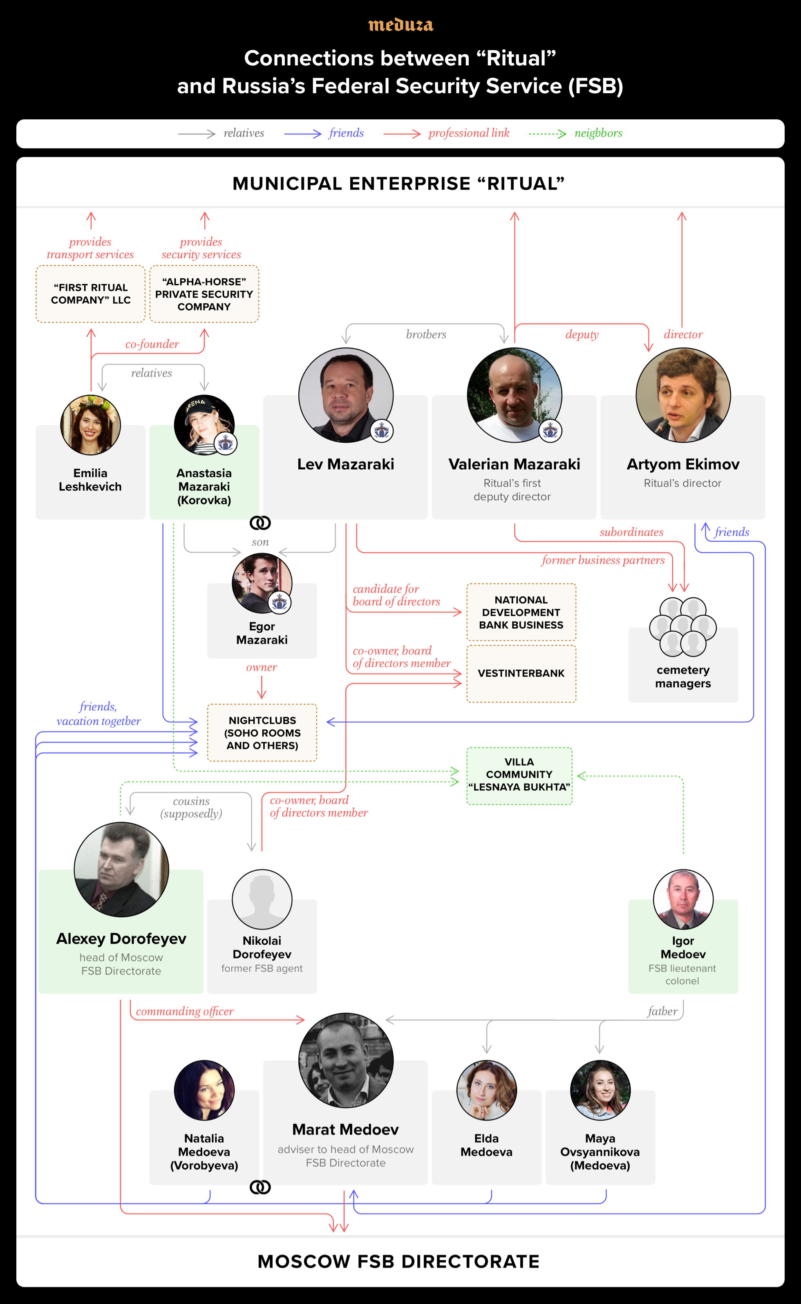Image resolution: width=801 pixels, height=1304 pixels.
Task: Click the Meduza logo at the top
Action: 400,25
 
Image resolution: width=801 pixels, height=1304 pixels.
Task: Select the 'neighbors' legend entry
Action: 598,133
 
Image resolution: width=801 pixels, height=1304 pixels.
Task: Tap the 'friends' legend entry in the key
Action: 346,133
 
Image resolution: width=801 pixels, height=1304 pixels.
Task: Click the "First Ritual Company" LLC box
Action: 91,294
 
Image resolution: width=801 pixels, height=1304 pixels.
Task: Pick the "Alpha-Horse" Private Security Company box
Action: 204,294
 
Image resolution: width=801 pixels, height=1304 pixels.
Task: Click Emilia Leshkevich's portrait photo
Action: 91,425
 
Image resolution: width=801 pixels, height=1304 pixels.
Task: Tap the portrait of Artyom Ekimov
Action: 683,395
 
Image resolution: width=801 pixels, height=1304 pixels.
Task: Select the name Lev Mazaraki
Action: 345,464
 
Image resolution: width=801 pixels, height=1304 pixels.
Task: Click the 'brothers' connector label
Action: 426,334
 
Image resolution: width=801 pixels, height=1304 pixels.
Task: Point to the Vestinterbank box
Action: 521,673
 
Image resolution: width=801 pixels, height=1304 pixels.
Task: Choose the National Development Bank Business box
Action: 521,612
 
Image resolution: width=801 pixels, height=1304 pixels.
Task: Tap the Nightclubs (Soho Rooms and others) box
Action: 262,733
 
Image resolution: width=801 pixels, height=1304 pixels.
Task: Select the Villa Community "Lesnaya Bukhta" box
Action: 519,775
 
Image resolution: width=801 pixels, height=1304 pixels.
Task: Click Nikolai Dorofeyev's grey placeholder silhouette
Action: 262,899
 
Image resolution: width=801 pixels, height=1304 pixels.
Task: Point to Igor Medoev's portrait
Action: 683,899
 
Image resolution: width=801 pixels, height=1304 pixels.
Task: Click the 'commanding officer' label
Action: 184,1011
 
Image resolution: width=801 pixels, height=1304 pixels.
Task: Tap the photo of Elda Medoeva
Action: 486,1090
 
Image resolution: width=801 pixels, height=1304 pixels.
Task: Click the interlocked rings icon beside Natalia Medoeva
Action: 260,1187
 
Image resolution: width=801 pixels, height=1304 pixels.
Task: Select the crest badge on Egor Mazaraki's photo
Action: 279,603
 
